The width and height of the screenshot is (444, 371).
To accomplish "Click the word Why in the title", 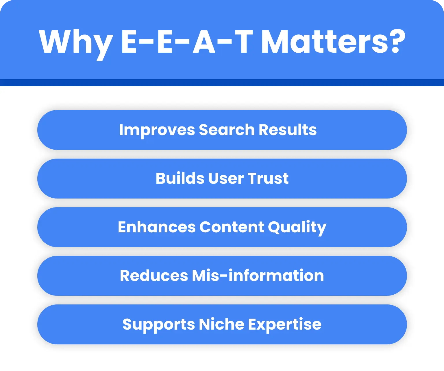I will pyautogui.click(x=76, y=42).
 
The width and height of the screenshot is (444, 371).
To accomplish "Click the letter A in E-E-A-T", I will pyautogui.click(x=204, y=42).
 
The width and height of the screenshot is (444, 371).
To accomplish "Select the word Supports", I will pyautogui.click(x=158, y=324).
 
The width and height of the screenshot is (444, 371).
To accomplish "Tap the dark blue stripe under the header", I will pyautogui.click(x=222, y=82).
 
